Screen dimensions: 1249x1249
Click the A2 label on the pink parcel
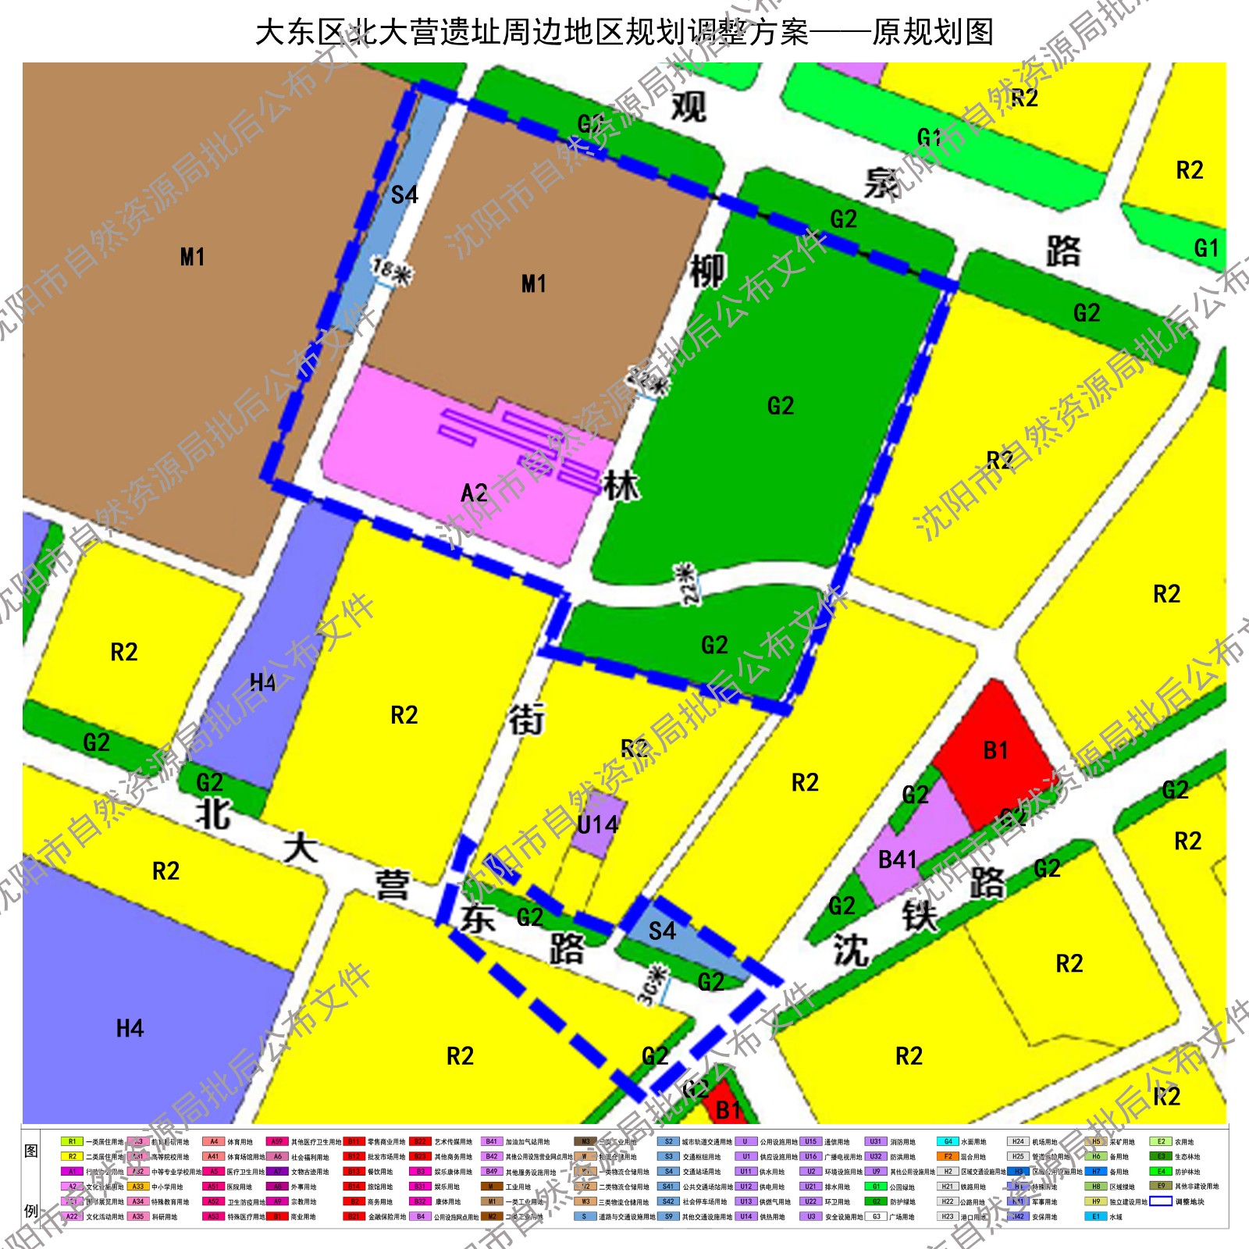click(x=475, y=493)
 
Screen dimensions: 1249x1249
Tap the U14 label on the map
click(x=597, y=825)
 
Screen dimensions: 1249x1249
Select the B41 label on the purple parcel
click(x=898, y=860)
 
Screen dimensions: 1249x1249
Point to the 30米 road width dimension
click(x=654, y=986)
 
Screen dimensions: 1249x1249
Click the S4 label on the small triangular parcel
click(x=662, y=931)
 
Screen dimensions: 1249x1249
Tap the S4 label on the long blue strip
click(x=404, y=194)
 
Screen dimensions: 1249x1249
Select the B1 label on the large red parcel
click(x=995, y=751)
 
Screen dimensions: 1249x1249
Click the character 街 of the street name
click(x=527, y=719)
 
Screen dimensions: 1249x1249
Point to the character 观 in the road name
click(x=689, y=107)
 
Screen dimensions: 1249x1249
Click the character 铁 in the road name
click(x=920, y=916)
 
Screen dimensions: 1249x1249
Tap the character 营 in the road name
click(x=392, y=884)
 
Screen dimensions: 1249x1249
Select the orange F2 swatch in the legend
click(x=948, y=1156)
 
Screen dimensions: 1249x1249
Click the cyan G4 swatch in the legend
click(x=948, y=1141)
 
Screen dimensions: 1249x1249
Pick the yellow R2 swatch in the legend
click(x=72, y=1156)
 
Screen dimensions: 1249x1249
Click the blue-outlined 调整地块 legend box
click(x=1161, y=1201)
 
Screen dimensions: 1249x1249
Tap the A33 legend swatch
click(x=138, y=1187)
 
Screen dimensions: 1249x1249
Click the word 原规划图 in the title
click(x=933, y=33)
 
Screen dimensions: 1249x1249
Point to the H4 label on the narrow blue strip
click(x=262, y=683)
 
